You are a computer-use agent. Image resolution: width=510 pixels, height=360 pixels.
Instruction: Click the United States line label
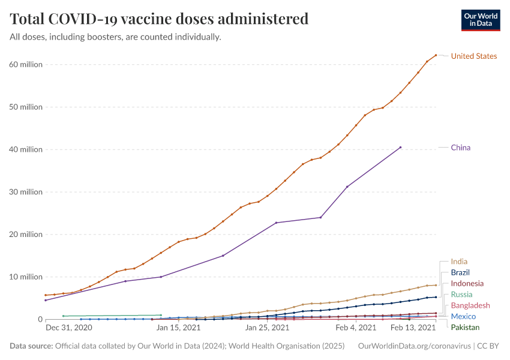pyautogui.click(x=473, y=56)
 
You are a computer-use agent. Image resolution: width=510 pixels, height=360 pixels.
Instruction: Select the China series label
pyautogui.click(x=460, y=148)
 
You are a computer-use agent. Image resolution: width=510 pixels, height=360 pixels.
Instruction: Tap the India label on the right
pyautogui.click(x=459, y=262)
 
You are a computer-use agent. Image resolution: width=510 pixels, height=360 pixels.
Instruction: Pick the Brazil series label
pyautogui.click(x=460, y=272)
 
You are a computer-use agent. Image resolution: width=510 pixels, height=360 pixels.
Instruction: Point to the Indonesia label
pyautogui.click(x=467, y=283)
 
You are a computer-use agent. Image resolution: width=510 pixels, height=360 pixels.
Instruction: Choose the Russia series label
pyautogui.click(x=461, y=295)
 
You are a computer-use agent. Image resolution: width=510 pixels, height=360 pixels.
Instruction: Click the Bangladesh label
pyautogui.click(x=470, y=305)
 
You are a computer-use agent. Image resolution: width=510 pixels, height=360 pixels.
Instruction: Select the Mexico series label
pyautogui.click(x=463, y=316)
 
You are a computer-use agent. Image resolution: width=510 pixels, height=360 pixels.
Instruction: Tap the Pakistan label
pyautogui.click(x=465, y=328)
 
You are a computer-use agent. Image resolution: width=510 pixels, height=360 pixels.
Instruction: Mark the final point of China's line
pyautogui.click(x=400, y=147)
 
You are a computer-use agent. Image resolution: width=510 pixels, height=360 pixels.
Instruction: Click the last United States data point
pyautogui.click(x=436, y=55)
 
